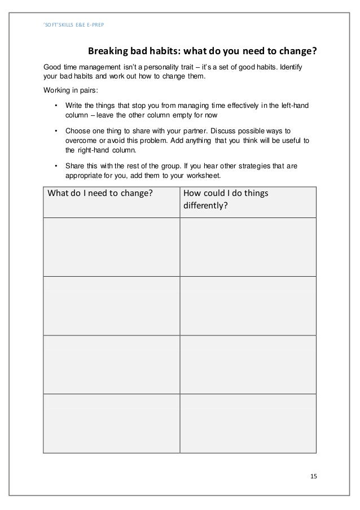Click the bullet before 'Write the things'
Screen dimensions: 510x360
tap(56, 106)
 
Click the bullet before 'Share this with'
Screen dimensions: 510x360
tap(56, 167)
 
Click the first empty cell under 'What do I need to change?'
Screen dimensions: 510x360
tap(111, 247)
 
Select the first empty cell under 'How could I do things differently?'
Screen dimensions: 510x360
tap(248, 247)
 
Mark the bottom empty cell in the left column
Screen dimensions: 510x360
tap(111, 422)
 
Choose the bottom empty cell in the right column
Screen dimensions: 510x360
tap(248, 422)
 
